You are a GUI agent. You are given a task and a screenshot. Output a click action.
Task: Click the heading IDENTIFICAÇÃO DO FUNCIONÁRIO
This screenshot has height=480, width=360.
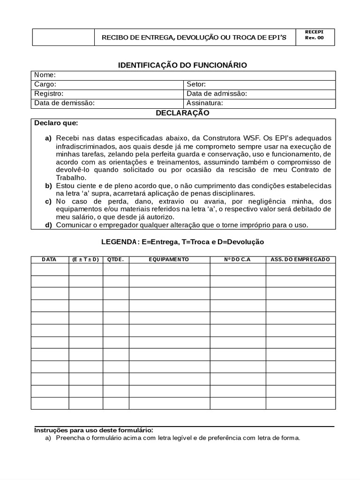(182, 65)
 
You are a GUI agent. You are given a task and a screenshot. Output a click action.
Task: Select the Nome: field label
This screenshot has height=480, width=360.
(45, 75)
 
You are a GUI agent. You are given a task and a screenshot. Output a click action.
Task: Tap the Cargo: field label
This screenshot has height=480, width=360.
(45, 84)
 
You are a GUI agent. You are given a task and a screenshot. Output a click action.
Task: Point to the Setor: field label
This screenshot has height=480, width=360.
(196, 84)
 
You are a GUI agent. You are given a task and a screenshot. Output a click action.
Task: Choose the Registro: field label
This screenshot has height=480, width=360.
(49, 94)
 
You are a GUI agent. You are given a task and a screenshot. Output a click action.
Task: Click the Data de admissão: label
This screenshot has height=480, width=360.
(217, 94)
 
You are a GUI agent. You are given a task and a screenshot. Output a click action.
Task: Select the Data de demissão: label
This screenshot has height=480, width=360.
(64, 103)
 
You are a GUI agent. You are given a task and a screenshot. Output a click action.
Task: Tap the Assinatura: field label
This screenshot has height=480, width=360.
(205, 103)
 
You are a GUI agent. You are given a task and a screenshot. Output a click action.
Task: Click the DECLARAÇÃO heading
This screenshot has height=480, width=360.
(182, 113)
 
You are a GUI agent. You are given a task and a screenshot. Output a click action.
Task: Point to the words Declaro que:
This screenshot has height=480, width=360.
(56, 124)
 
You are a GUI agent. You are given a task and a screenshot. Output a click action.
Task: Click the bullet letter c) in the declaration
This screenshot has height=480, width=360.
(48, 201)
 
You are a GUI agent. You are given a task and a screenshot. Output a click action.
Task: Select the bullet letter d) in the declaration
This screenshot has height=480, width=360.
(48, 225)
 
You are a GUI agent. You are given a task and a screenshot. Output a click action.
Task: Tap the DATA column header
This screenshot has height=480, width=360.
(49, 259)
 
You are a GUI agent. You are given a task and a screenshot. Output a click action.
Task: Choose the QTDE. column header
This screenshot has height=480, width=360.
(115, 259)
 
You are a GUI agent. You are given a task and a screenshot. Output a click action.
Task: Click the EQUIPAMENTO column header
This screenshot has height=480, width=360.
(169, 259)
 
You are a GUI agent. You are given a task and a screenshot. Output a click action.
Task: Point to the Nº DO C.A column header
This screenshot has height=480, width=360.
(237, 259)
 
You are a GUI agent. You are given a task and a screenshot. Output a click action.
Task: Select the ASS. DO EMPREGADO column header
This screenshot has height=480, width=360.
(300, 259)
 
